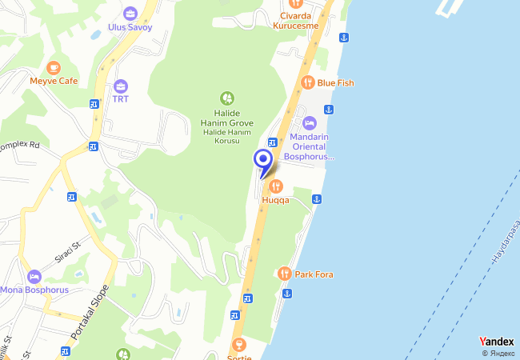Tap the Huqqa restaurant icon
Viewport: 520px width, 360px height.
(276, 186)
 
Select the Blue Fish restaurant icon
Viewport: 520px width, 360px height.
(306, 82)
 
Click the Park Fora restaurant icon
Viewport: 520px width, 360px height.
(284, 274)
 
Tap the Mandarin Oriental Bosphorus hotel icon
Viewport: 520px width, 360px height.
(310, 123)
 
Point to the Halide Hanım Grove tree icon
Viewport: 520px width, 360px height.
(227, 98)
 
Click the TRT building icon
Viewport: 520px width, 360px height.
(121, 86)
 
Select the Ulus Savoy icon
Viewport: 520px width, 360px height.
(130, 13)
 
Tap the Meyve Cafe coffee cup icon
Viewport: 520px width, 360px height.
(54, 67)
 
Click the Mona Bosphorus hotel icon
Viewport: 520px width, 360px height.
(34, 276)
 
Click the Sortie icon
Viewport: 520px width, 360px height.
(238, 345)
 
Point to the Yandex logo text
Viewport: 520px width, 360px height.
(496, 342)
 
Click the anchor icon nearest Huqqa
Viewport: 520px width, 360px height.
(317, 198)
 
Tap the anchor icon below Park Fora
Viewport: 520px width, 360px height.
(286, 294)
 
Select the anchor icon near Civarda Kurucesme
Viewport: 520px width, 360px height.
(343, 38)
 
